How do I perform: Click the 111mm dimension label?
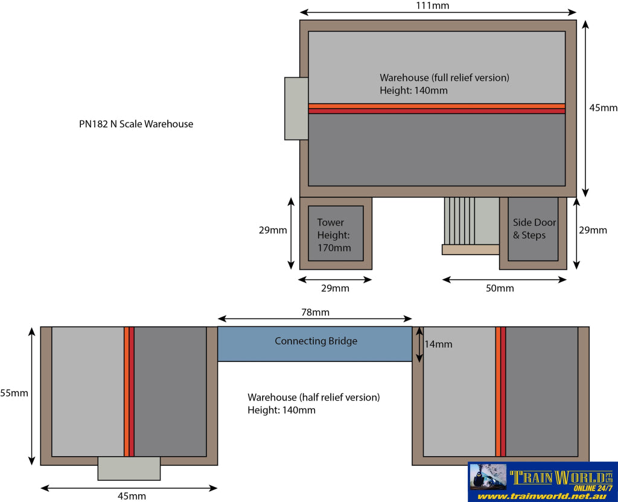[x=432, y=5]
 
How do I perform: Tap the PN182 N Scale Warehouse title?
[x=136, y=124]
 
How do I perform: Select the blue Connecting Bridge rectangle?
[x=315, y=344]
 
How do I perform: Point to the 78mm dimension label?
[x=315, y=312]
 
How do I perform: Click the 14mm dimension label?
[x=438, y=344]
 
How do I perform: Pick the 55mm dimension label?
[x=14, y=393]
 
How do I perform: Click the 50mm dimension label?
[x=500, y=288]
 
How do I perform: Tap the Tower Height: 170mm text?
[x=334, y=235]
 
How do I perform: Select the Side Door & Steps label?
[x=535, y=229]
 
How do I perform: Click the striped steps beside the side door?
[x=459, y=221]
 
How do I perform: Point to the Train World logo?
[x=543, y=482]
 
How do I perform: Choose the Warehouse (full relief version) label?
[x=444, y=78]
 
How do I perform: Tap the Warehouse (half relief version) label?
[x=314, y=397]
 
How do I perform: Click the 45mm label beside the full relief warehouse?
[x=603, y=107]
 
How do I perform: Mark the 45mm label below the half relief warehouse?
[x=132, y=496]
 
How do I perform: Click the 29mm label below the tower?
[x=335, y=288]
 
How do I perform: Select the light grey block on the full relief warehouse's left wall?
[x=296, y=109]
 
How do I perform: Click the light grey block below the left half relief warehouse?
[x=129, y=468]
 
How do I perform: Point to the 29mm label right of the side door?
[x=593, y=230]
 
